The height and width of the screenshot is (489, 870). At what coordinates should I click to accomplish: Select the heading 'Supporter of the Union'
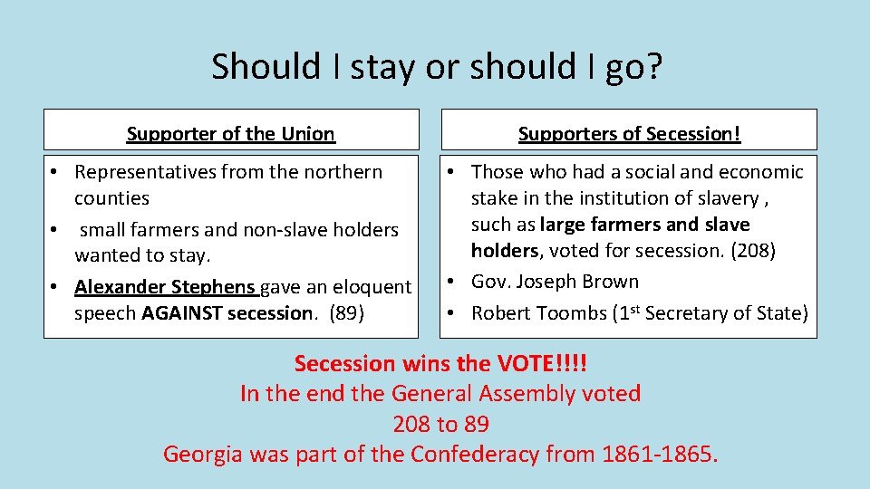pyautogui.click(x=231, y=134)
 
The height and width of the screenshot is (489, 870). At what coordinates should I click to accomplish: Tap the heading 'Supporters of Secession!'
pyautogui.click(x=629, y=134)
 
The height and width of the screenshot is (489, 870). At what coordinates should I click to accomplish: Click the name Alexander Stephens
pyautogui.click(x=165, y=287)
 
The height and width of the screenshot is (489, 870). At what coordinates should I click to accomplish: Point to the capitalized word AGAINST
pyautogui.click(x=185, y=313)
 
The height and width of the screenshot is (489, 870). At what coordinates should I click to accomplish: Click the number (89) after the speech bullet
pyautogui.click(x=347, y=313)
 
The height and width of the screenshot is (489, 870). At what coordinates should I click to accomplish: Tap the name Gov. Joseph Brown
pyautogui.click(x=555, y=282)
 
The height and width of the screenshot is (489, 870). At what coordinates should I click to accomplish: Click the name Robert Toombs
pyautogui.click(x=538, y=313)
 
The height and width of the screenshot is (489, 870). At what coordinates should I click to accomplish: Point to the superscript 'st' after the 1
pyautogui.click(x=637, y=309)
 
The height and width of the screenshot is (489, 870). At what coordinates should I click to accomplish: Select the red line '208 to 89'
pyautogui.click(x=440, y=424)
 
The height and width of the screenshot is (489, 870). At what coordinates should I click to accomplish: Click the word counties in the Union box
pyautogui.click(x=112, y=198)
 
